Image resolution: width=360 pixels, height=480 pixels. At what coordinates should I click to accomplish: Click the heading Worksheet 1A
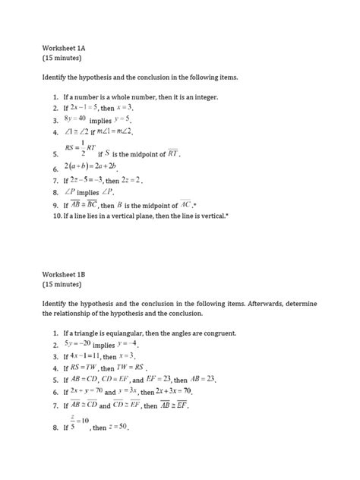pyautogui.click(x=67, y=45)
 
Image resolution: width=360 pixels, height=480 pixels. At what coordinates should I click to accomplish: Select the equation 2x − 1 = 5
pyautogui.click(x=85, y=108)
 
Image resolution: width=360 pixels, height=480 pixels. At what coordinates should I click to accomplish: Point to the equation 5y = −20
pyautogui.click(x=77, y=344)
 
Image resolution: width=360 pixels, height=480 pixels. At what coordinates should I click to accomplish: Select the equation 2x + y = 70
pyautogui.click(x=87, y=391)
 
